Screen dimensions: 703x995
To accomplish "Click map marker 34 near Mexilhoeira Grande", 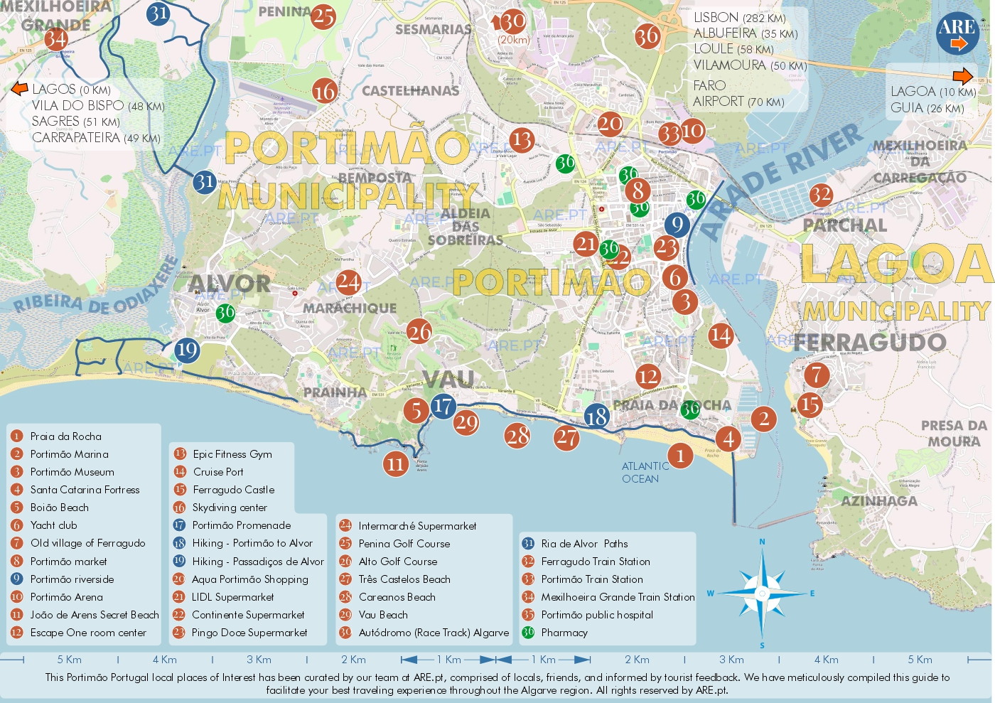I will [x=56, y=39].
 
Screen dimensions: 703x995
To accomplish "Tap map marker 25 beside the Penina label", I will [x=323, y=16].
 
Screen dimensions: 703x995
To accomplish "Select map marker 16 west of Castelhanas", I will [x=325, y=91].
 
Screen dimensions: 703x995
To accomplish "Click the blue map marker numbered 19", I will [x=186, y=350].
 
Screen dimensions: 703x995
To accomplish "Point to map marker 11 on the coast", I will [x=395, y=464].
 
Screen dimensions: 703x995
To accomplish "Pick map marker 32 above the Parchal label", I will [x=821, y=195].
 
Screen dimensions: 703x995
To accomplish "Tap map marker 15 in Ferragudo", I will [x=810, y=405].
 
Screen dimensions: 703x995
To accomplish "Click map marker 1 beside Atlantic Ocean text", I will [x=680, y=455].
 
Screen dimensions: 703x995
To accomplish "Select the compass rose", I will [x=762, y=593].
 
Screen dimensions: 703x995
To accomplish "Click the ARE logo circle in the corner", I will [x=957, y=33].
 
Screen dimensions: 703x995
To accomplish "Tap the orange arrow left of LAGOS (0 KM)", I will [x=19, y=89].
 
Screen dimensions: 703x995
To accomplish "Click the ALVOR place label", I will [x=230, y=284].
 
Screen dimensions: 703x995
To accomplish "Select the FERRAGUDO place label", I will [x=870, y=342].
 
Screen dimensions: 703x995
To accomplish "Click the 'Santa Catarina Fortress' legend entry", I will [x=85, y=490].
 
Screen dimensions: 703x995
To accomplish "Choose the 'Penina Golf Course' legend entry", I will [x=404, y=544].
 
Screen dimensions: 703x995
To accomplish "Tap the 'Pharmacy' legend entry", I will [x=564, y=633].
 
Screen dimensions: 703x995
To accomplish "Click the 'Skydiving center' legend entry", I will [x=230, y=508].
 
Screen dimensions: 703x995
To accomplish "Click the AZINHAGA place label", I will [x=879, y=501].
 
